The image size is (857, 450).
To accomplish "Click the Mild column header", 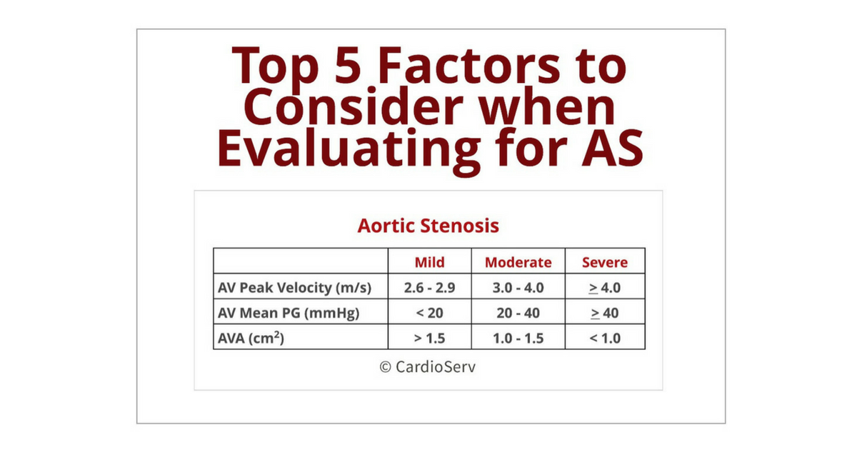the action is click(430, 263).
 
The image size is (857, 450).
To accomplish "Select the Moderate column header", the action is click(518, 263).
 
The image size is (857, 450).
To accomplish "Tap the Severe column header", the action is click(605, 263).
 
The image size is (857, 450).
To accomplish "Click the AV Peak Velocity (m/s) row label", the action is click(294, 288).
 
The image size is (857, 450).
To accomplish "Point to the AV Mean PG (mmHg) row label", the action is click(289, 313).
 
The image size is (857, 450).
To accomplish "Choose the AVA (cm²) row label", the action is click(251, 338).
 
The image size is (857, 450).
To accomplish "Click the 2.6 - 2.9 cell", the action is click(430, 288).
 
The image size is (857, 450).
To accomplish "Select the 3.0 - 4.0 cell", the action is click(518, 288).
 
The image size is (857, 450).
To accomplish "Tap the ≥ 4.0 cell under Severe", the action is click(605, 288).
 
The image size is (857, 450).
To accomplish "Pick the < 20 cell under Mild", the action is click(430, 313).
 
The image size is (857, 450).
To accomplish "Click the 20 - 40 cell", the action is click(518, 313).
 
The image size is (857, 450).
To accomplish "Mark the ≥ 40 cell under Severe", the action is click(605, 313).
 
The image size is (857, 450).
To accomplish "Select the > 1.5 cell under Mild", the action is click(430, 339).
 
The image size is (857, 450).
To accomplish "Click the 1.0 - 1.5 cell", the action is click(518, 339).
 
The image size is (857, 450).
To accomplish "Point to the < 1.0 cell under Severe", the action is click(605, 339).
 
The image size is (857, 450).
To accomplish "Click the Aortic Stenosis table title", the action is click(428, 226).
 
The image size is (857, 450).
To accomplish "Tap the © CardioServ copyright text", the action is click(428, 366).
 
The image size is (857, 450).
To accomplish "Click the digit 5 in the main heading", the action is click(348, 65).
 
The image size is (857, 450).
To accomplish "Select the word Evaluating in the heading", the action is click(349, 149).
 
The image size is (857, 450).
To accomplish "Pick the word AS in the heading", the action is click(612, 148).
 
